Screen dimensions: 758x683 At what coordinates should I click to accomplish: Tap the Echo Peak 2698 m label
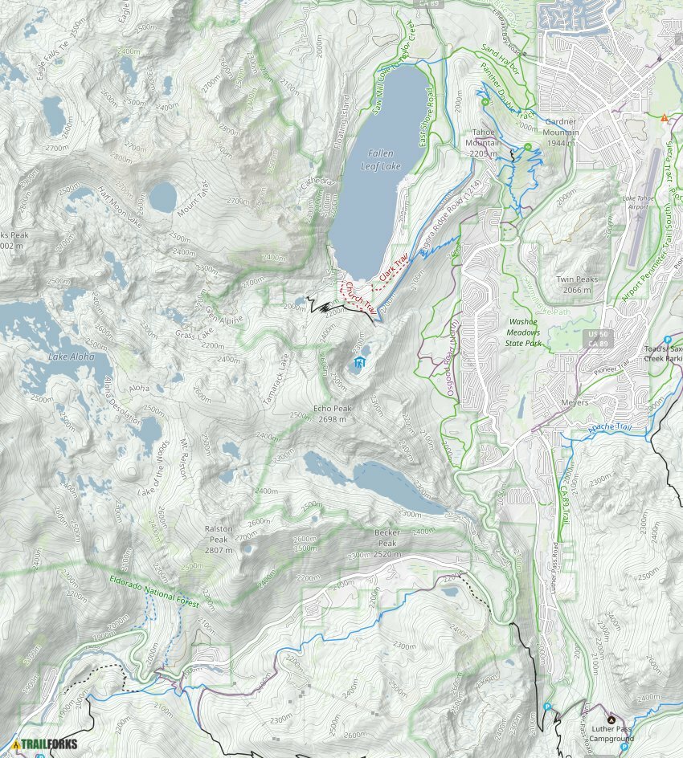click(x=332, y=414)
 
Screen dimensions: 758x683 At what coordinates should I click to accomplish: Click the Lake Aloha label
click(x=70, y=356)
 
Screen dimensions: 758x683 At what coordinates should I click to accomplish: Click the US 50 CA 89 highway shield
click(x=594, y=338)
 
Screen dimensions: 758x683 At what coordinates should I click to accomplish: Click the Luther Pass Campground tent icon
click(x=610, y=719)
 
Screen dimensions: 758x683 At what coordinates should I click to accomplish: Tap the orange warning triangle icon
click(x=664, y=118)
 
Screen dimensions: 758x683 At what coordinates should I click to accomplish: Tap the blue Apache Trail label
click(x=612, y=430)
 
